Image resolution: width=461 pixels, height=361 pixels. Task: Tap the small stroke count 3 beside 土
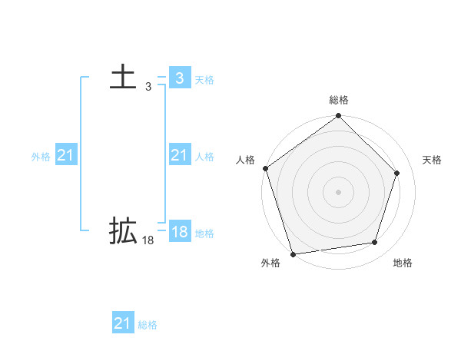[148, 88]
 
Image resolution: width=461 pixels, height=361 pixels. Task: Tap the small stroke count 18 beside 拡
[148, 240]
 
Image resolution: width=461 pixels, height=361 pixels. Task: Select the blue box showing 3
[179, 78]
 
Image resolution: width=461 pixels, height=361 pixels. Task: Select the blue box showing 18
[179, 233]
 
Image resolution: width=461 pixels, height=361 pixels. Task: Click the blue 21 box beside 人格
[179, 156]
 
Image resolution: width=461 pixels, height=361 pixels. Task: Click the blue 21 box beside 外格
[65, 156]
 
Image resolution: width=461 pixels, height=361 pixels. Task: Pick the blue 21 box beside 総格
[122, 323]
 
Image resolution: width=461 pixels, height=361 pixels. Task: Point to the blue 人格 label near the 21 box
[204, 157]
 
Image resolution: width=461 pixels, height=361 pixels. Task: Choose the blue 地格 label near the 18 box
[204, 233]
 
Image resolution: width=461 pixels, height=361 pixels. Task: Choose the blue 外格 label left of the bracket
[41, 157]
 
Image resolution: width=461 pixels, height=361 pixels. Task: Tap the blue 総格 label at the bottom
[148, 325]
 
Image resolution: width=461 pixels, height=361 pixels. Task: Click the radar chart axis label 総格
[339, 100]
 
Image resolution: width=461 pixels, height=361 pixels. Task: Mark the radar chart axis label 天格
[432, 160]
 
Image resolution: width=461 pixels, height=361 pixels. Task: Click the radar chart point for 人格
[265, 168]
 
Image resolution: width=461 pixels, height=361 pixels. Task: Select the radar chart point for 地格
[375, 243]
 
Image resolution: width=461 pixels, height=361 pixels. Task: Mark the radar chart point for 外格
[293, 253]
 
